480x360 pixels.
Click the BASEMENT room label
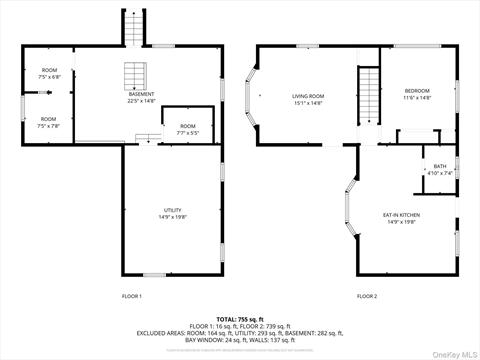(x=141, y=94)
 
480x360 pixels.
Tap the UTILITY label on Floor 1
(x=173, y=209)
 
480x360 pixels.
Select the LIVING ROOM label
(x=307, y=96)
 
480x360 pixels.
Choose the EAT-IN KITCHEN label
(x=401, y=215)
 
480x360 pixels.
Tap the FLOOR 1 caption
(x=132, y=296)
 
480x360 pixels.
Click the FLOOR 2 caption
(x=368, y=296)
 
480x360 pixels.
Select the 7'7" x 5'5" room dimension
(x=188, y=133)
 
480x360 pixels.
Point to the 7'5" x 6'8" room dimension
(x=49, y=77)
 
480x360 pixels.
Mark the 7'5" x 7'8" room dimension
(x=49, y=126)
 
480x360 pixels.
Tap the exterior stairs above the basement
(x=134, y=30)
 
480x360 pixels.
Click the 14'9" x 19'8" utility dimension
(x=173, y=217)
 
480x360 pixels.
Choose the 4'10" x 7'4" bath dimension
(x=440, y=174)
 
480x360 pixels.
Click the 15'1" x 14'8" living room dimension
(x=307, y=103)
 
